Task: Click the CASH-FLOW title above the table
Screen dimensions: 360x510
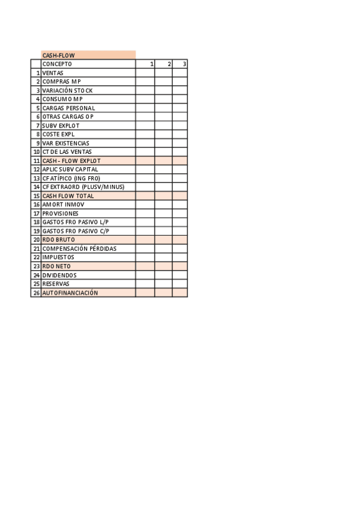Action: tap(58, 55)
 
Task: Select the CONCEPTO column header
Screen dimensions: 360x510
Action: tap(57, 64)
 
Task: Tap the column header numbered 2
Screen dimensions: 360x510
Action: tap(169, 64)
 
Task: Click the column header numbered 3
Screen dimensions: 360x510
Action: tap(184, 64)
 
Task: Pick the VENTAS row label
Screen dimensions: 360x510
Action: tap(53, 73)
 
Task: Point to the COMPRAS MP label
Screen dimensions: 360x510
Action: tap(61, 81)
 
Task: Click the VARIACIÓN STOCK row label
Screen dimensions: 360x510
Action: tap(67, 90)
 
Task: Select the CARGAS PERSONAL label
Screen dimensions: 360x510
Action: tap(69, 108)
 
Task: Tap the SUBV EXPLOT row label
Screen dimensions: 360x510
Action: tap(61, 125)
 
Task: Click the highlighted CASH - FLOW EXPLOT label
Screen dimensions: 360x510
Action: tap(71, 161)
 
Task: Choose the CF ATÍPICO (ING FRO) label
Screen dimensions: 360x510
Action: tap(71, 178)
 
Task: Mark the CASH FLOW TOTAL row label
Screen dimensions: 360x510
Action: tap(68, 196)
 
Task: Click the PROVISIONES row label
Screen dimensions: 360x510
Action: tap(60, 214)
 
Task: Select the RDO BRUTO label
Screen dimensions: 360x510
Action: tap(58, 239)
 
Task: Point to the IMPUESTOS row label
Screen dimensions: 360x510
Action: tap(59, 257)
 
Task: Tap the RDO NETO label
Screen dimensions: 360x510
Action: tap(56, 266)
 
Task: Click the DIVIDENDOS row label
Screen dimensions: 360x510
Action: tap(59, 275)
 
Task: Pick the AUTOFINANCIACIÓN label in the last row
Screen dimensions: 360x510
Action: tap(70, 293)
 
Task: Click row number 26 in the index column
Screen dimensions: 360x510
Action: tap(36, 293)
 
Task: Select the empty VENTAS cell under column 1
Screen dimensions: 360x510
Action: tap(145, 73)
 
